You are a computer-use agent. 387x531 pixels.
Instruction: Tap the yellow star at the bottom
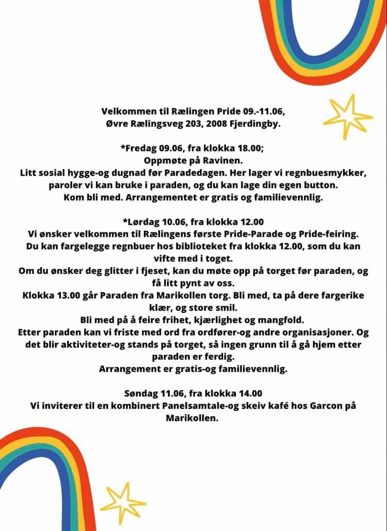coord(123,502)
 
